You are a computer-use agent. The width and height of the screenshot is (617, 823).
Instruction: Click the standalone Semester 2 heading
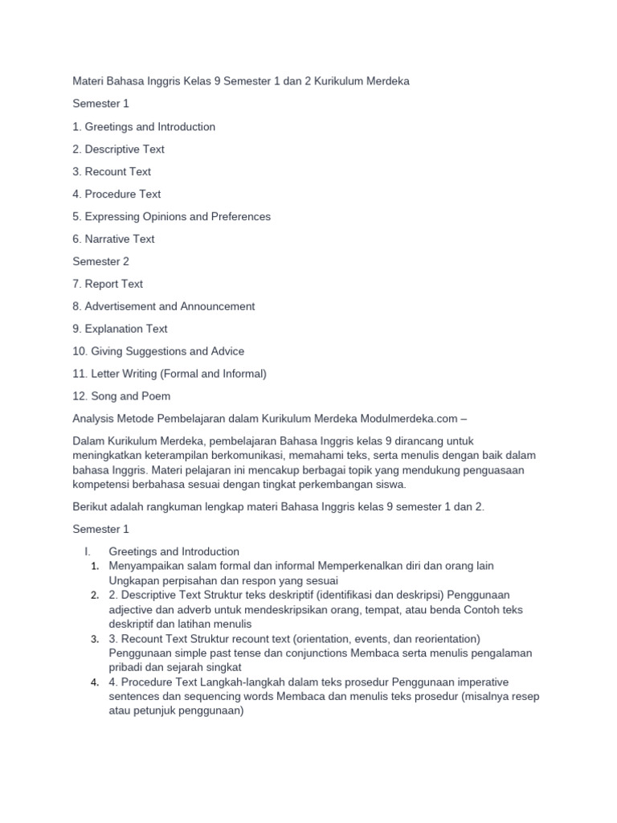tap(100, 261)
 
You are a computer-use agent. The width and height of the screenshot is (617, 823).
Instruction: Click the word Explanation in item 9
tap(113, 329)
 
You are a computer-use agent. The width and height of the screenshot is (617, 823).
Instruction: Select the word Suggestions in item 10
tap(162, 351)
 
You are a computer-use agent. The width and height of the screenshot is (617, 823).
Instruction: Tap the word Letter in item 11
tap(104, 374)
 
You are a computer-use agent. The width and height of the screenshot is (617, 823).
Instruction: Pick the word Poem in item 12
tap(156, 396)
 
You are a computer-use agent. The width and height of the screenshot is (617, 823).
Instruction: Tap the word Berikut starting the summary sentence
tap(92, 507)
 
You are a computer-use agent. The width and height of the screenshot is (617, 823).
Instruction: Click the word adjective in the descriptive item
tap(133, 610)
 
